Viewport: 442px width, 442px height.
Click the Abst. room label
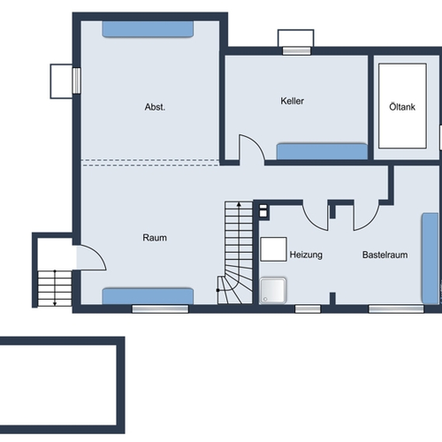155,107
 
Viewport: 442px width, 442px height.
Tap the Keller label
292,101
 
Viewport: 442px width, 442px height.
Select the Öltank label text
402,107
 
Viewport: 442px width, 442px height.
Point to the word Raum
155,238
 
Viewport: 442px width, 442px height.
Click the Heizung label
306,255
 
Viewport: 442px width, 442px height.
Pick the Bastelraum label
385,255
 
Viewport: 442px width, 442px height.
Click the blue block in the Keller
322,151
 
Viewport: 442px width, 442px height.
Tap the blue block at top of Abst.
148,29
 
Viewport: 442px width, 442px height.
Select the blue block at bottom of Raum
148,296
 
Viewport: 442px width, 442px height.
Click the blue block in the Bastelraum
430,258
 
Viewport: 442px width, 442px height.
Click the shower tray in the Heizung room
273,290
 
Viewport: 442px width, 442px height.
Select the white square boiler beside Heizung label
273,249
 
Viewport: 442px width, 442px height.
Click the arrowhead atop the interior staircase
239,204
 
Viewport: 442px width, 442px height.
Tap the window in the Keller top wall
296,51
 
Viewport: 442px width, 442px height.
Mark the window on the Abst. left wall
77,80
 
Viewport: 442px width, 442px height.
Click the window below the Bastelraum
396,309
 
